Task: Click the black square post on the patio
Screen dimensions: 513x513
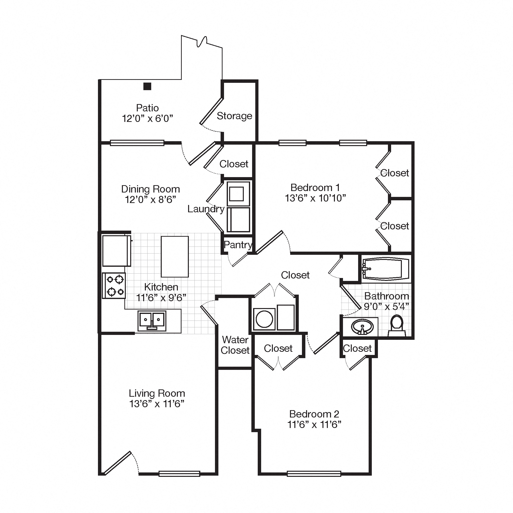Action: (147, 86)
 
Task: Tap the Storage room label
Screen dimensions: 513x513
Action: (234, 116)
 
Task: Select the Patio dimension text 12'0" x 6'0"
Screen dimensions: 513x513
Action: (147, 118)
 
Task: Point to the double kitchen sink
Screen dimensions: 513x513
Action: (152, 321)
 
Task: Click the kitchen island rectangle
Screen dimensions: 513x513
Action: (175, 256)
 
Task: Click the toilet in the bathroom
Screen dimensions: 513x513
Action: (397, 326)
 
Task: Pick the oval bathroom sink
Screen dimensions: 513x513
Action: (362, 327)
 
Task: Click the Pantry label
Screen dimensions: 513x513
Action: (238, 245)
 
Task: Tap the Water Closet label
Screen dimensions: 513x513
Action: (235, 345)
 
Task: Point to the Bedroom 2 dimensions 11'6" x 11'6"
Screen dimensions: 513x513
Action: (314, 425)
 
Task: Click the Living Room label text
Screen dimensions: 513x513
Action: (157, 393)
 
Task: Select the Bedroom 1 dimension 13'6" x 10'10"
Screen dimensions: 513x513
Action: (315, 198)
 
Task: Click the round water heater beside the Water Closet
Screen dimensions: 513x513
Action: (264, 319)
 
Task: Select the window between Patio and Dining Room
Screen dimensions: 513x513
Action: (137, 143)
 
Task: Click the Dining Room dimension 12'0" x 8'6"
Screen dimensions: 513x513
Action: (150, 199)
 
